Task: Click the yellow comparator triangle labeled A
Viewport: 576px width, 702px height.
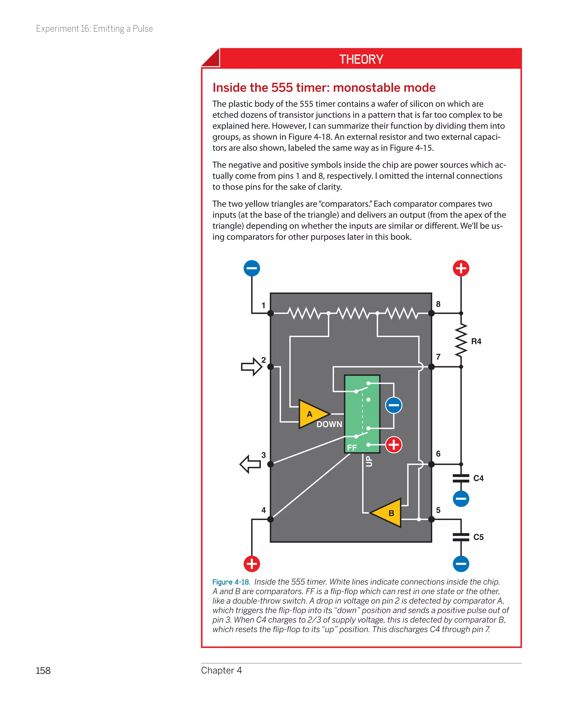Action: (312, 414)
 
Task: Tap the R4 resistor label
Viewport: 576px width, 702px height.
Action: (476, 341)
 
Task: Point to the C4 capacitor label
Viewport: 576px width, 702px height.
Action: (478, 478)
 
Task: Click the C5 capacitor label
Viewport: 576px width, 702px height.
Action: (478, 537)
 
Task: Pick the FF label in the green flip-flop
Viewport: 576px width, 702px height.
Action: (352, 447)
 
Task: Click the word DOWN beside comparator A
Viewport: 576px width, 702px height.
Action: (329, 424)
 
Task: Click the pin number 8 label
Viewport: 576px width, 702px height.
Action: (438, 304)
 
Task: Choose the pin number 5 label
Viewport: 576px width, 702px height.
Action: (438, 510)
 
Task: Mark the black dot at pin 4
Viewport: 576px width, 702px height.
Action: (270, 519)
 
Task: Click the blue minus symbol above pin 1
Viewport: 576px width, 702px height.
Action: (251, 268)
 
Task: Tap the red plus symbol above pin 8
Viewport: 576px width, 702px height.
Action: (461, 268)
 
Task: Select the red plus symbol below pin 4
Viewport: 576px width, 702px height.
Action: (251, 564)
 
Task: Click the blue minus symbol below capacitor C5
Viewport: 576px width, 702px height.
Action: (461, 564)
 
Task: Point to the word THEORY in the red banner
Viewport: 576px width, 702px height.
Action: (361, 59)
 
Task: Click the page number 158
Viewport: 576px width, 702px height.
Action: (43, 670)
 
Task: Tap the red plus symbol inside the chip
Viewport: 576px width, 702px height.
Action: (393, 445)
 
